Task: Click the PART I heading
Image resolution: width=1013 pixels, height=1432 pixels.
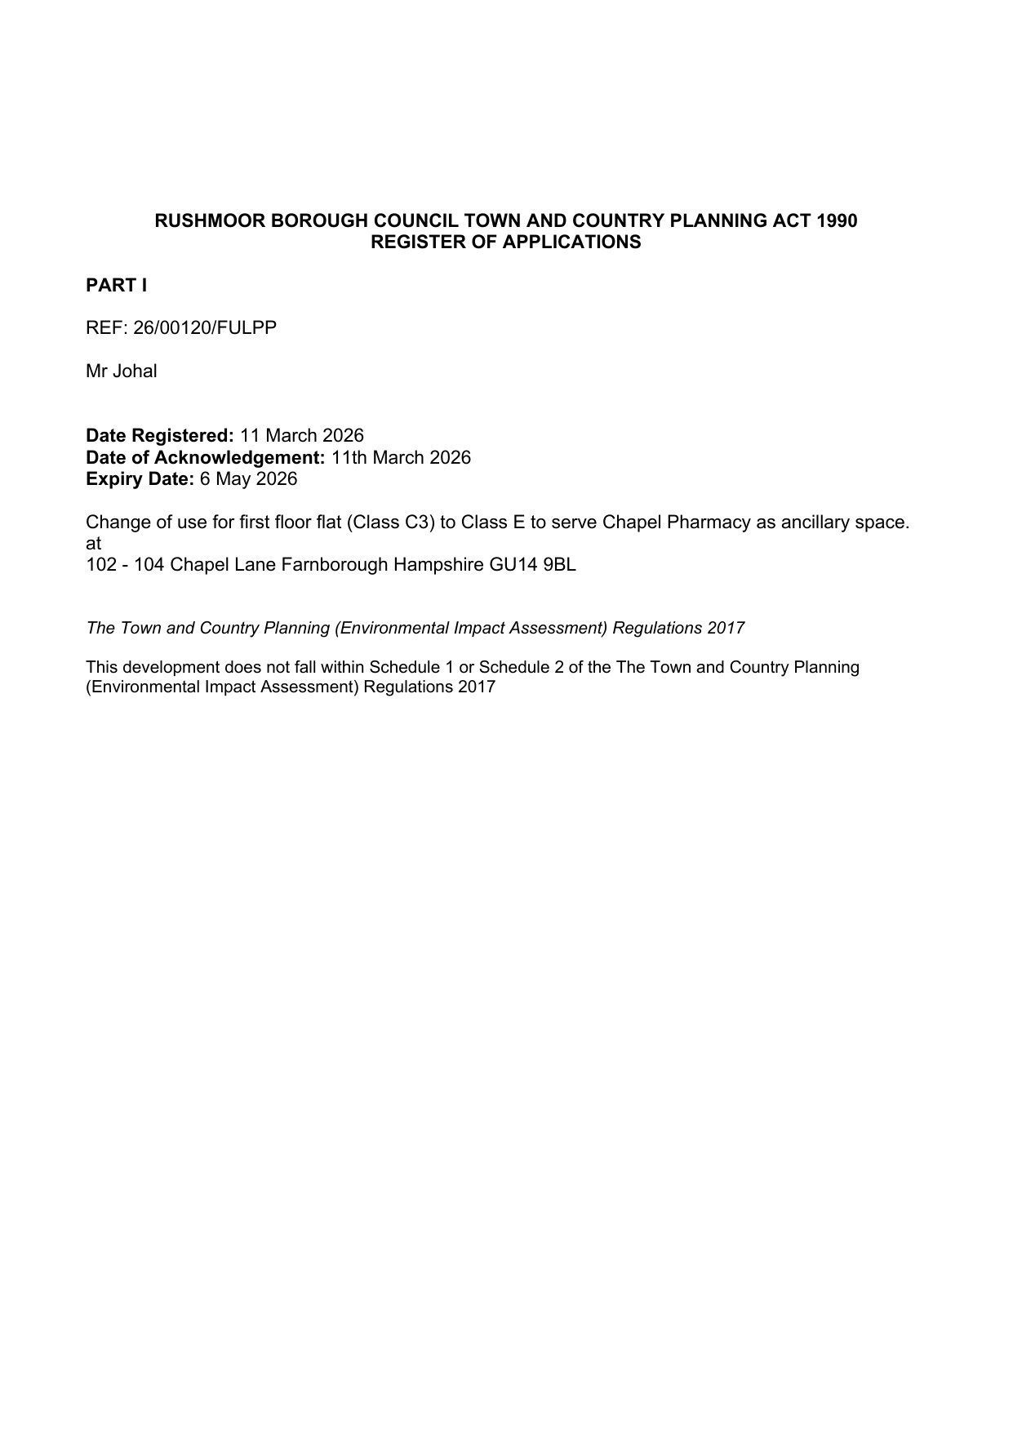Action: (116, 286)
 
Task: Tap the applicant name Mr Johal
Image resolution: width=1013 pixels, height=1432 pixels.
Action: (122, 371)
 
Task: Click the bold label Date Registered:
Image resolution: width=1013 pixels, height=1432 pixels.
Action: (160, 436)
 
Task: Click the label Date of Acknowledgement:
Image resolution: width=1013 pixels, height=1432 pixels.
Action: (206, 457)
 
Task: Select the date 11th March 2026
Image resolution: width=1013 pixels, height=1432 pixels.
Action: (401, 457)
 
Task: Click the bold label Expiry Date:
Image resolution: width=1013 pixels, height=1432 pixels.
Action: (140, 479)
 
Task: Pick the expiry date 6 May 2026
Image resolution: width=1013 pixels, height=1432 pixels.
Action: (248, 479)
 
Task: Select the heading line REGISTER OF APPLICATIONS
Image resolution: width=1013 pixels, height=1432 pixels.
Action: (506, 242)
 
